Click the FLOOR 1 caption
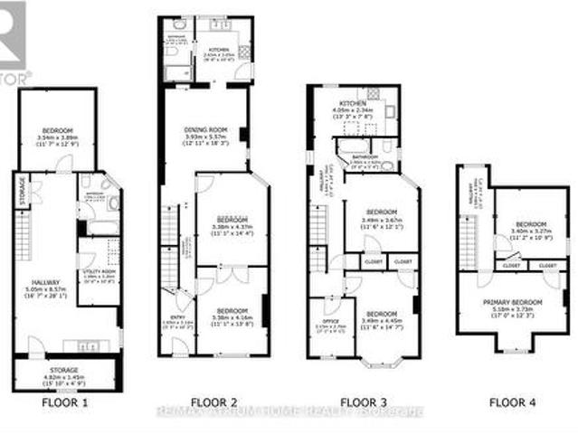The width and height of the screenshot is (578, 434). pos(66,401)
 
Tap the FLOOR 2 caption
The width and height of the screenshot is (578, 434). pos(213,401)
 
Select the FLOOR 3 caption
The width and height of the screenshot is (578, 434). pos(364,401)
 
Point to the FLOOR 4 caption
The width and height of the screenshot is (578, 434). pos(513,401)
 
